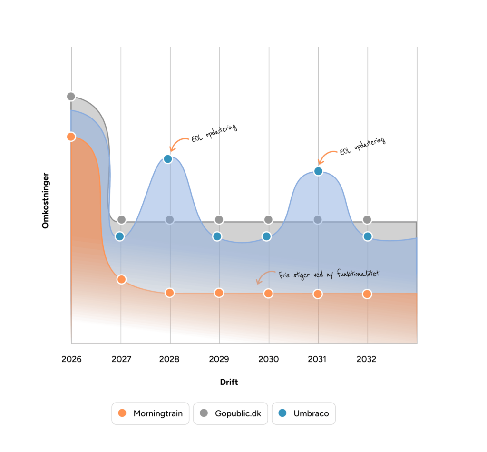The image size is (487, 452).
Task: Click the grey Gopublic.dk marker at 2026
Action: click(71, 97)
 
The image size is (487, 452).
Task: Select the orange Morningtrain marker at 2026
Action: click(71, 137)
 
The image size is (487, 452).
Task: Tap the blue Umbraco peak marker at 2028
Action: click(167, 159)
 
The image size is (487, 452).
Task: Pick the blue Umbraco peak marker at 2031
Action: click(318, 171)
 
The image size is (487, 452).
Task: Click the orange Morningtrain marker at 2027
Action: click(121, 279)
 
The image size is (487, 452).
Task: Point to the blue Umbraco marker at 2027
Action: click(120, 236)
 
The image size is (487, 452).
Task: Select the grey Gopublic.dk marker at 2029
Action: click(219, 220)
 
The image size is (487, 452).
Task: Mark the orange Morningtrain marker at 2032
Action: click(367, 294)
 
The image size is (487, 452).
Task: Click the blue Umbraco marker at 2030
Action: click(267, 236)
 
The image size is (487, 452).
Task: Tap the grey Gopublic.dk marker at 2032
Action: click(367, 220)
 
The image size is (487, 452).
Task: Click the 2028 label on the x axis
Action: click(170, 359)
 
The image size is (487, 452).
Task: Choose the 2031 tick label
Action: click(317, 359)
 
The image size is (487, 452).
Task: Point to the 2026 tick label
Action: click(71, 359)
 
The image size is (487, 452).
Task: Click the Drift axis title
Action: click(229, 382)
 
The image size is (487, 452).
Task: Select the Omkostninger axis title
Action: click(46, 200)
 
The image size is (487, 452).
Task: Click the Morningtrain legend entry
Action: click(151, 413)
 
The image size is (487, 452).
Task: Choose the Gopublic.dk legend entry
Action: click(231, 413)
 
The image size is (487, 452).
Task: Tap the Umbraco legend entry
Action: click(303, 413)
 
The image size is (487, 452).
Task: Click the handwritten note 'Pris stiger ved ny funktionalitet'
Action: click(328, 275)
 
